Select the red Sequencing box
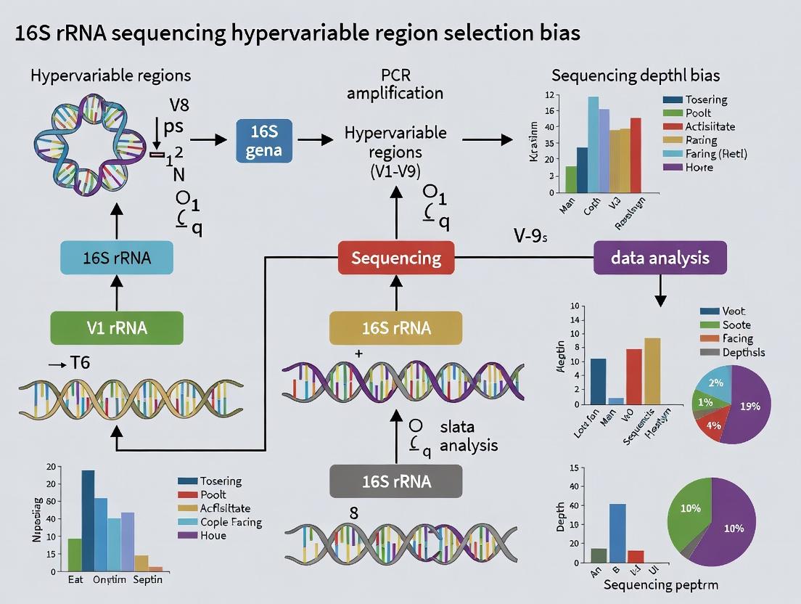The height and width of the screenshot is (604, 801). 396,258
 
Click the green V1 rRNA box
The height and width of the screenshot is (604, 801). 116,327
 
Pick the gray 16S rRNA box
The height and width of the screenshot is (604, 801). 396,481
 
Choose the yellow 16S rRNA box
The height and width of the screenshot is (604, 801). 396,327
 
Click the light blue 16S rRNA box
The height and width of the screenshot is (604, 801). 116,258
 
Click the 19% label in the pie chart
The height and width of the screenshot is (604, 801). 749,407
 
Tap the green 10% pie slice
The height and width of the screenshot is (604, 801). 690,509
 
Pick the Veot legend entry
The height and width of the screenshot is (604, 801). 733,311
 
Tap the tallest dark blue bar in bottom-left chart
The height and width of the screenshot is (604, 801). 88,519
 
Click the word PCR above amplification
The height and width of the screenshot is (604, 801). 395,76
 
